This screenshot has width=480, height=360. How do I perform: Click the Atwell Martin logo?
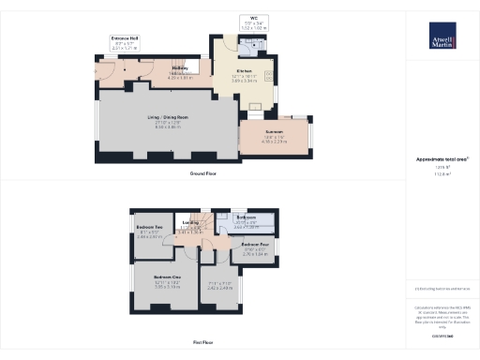pos(442,39)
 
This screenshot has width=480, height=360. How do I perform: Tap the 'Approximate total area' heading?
pos(442,159)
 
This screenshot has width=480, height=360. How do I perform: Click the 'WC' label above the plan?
pos(252,17)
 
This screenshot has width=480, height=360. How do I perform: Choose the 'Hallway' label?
pos(181,67)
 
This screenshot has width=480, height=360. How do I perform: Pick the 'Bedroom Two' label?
pos(150,228)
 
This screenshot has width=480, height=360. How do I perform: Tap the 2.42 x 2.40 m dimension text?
pos(217,289)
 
